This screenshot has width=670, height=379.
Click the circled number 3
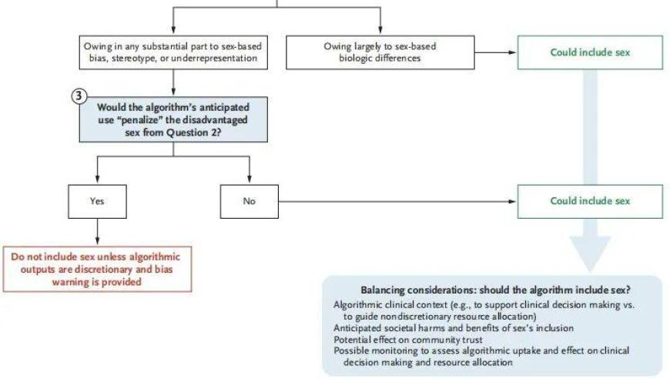[x=79, y=96]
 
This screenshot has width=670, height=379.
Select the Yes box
[x=98, y=202]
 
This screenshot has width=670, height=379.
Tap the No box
[x=249, y=202]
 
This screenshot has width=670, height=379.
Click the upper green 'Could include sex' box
[x=590, y=52]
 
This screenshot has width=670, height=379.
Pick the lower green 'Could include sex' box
[x=590, y=202]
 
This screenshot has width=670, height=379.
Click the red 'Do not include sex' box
[x=98, y=269]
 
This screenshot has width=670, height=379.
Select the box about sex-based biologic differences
[x=380, y=52]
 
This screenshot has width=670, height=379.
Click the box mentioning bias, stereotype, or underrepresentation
[x=173, y=52]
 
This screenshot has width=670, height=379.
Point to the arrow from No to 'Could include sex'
[x=398, y=202]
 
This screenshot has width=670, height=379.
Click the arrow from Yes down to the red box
[x=98, y=233]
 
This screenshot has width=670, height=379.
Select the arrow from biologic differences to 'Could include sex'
[x=496, y=52]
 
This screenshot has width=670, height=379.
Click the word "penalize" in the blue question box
[x=139, y=120]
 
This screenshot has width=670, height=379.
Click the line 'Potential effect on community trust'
[x=407, y=340]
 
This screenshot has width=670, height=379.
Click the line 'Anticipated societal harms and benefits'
[x=454, y=328]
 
